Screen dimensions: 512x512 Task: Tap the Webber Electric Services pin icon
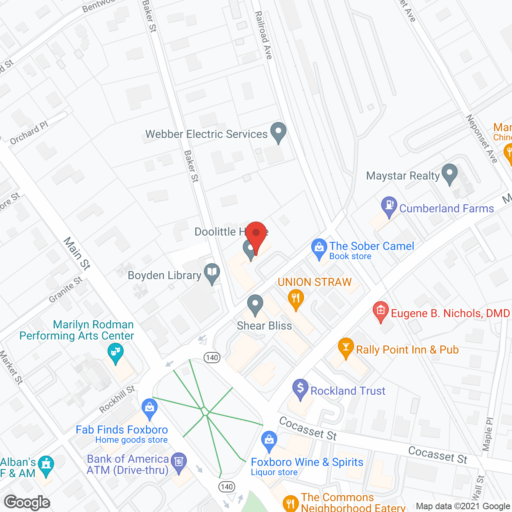[x=278, y=131]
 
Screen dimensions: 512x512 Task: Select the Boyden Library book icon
[x=212, y=273]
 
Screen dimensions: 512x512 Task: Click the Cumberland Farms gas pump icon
[x=389, y=206]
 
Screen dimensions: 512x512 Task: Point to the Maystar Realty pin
[x=450, y=173]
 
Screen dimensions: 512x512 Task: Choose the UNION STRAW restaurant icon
[x=296, y=299]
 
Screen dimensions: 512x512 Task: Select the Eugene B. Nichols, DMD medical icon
[x=380, y=310]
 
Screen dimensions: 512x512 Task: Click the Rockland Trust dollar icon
[x=300, y=388]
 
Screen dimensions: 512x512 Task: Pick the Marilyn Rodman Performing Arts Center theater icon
[x=116, y=353]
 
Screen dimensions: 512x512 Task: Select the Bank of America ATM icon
[x=178, y=462]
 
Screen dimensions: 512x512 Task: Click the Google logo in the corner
[x=27, y=502]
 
